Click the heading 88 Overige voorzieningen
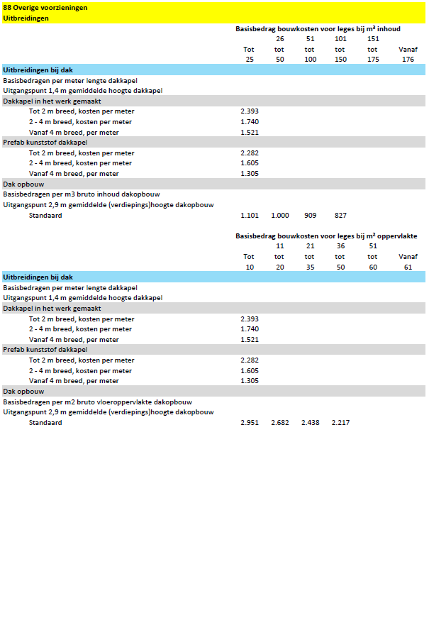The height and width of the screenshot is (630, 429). (45, 7)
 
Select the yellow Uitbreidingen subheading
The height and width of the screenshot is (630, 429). (26, 18)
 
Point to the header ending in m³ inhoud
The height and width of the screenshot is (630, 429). (318, 29)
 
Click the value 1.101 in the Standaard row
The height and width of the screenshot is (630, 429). (250, 215)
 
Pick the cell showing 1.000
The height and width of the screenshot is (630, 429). (280, 215)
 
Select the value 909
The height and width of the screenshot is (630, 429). (311, 215)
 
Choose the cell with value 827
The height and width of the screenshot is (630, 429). (340, 215)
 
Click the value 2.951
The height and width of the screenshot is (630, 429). (250, 422)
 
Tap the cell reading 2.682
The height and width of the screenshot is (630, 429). (280, 422)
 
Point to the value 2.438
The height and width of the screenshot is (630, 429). (311, 422)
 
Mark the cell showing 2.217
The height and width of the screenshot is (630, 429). (340, 422)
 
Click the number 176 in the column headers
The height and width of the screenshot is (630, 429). (408, 60)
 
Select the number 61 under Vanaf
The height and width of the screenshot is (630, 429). (408, 266)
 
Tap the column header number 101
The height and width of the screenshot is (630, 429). (340, 39)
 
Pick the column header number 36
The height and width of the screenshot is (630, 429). (340, 245)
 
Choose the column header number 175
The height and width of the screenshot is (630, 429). (372, 60)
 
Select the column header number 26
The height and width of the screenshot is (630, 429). (280, 39)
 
